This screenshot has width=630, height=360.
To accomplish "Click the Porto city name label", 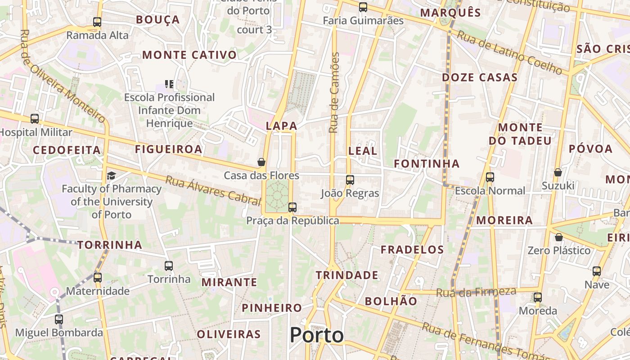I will coord(316,335).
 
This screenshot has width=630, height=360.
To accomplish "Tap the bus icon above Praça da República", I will coord(292,207).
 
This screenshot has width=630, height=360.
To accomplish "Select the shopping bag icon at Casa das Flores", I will coord(261,162).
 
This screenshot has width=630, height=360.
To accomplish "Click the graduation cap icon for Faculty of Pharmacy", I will coord(111,175).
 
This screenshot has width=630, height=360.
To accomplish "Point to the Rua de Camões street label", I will coord(333,93).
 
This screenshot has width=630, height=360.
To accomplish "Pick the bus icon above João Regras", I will coord(350,180).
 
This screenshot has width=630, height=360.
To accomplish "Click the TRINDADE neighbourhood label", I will coord(347,275).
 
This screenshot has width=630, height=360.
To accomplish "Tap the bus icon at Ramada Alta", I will coord(97,22).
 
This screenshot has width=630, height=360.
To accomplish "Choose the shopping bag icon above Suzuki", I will coord(558,172).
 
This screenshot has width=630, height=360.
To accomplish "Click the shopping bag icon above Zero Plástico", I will coord(559,237).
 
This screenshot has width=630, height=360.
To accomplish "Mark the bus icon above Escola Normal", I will coord(490,177).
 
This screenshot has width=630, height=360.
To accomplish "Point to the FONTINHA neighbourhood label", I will coord(427,163).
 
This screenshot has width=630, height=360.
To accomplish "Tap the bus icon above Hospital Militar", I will coord(35,119).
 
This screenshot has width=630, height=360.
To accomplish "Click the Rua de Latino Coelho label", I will coord(510,53).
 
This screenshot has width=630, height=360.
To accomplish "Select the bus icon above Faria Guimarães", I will coord(363,7).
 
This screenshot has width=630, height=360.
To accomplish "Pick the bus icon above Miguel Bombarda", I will coord(59,319).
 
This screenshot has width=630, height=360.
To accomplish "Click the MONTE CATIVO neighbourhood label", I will coord(189,55).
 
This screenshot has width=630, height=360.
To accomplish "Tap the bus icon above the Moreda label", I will coord(538,297).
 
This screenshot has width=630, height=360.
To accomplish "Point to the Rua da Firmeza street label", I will coord(476,292).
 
